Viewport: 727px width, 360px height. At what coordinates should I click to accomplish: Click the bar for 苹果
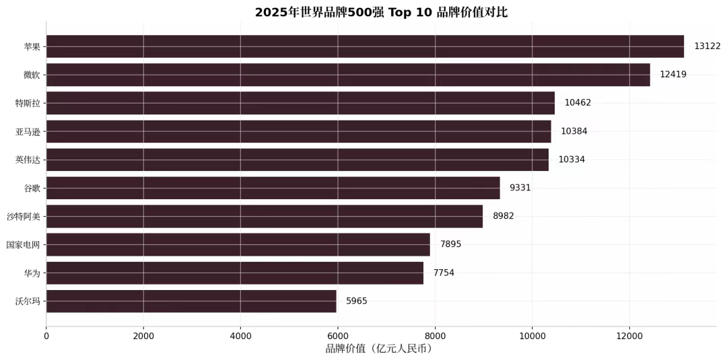coord(365,46)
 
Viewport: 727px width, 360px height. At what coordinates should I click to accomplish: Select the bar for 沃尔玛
coord(191,301)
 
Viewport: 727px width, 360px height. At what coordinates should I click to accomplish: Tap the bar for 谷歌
coord(273,188)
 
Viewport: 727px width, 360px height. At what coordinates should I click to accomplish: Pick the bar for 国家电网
coord(238,244)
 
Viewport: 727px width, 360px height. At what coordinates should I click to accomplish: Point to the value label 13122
coord(707,46)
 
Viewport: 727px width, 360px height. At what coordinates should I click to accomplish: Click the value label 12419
coord(673,75)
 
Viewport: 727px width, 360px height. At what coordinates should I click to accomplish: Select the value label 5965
coord(357,301)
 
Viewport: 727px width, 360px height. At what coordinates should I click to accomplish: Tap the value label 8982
coord(504,216)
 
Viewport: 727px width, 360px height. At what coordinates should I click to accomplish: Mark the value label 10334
coord(572,159)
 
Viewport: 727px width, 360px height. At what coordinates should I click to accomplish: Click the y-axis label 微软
coord(32,75)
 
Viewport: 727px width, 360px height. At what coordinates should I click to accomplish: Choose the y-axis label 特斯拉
coord(28,103)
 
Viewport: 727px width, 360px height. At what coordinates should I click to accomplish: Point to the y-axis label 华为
coord(32,273)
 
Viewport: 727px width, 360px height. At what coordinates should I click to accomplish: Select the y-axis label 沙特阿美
coord(24,216)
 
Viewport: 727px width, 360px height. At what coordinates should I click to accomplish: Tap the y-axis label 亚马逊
coord(28,131)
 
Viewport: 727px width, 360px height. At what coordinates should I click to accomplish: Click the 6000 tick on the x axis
coord(338,334)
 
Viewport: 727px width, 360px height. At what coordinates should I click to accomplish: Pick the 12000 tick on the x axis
coord(629,334)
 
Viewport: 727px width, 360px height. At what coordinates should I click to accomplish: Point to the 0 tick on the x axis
coord(46,334)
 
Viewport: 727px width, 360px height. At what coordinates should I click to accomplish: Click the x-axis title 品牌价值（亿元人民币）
coord(379,349)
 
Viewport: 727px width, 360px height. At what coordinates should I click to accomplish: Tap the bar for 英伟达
coord(297,159)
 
